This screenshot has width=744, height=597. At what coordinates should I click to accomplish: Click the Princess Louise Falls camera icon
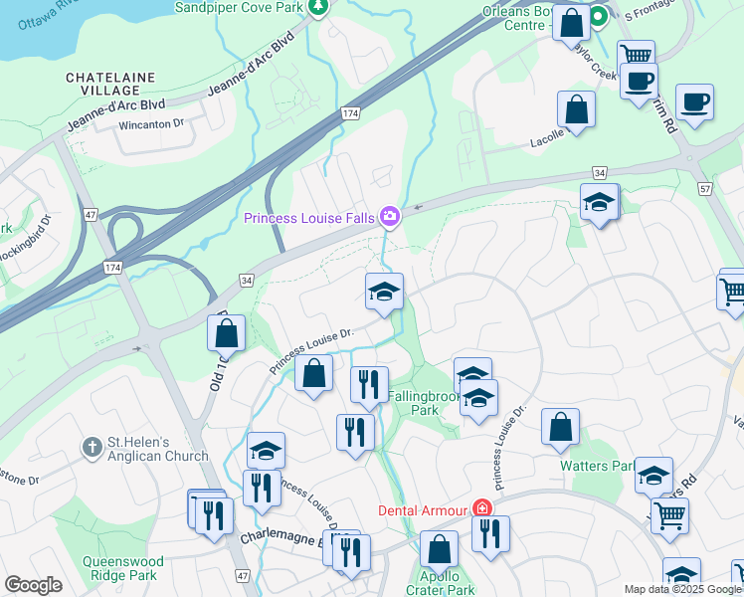click(390, 216)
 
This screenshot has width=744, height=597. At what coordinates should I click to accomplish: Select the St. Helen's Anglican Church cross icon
click(92, 446)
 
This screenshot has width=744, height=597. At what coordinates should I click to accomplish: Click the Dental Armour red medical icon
click(482, 509)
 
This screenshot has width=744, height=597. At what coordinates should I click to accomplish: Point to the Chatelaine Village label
click(107, 84)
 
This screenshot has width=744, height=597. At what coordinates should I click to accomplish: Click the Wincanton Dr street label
click(151, 124)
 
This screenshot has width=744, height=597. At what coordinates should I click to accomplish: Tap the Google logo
click(33, 585)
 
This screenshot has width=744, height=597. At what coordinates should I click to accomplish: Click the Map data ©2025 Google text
click(681, 589)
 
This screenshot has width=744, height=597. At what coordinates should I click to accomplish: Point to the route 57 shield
click(705, 187)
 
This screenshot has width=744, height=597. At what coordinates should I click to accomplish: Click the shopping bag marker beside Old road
click(227, 333)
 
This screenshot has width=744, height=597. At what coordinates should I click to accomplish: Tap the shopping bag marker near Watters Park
click(561, 427)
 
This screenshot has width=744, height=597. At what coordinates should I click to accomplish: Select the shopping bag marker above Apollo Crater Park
click(439, 549)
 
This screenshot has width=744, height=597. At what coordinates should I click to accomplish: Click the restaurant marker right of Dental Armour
click(490, 533)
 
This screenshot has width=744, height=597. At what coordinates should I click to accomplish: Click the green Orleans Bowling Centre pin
click(600, 17)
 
